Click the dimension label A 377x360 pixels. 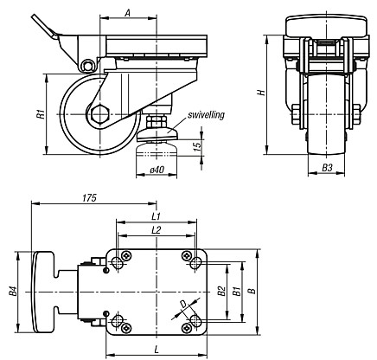(x=128, y=13)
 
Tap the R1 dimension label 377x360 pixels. (x=42, y=114)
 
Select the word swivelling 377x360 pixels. (x=206, y=115)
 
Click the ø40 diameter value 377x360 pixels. (x=157, y=170)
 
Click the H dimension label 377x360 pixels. (x=261, y=93)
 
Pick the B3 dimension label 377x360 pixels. (x=327, y=168)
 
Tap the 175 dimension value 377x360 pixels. (x=89, y=198)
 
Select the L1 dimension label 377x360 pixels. (x=157, y=216)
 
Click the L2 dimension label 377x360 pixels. (x=157, y=230)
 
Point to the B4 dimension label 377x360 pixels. (x=13, y=292)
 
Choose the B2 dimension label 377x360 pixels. (x=221, y=291)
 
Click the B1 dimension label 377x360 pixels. (x=236, y=291)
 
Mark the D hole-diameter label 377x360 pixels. (x=182, y=304)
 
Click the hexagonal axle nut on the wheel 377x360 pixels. (x=99, y=114)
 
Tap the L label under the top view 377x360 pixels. (x=157, y=350)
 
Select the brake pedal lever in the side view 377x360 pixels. (x=46, y=29)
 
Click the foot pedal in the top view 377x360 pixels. (x=43, y=292)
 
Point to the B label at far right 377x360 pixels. (x=252, y=291)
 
